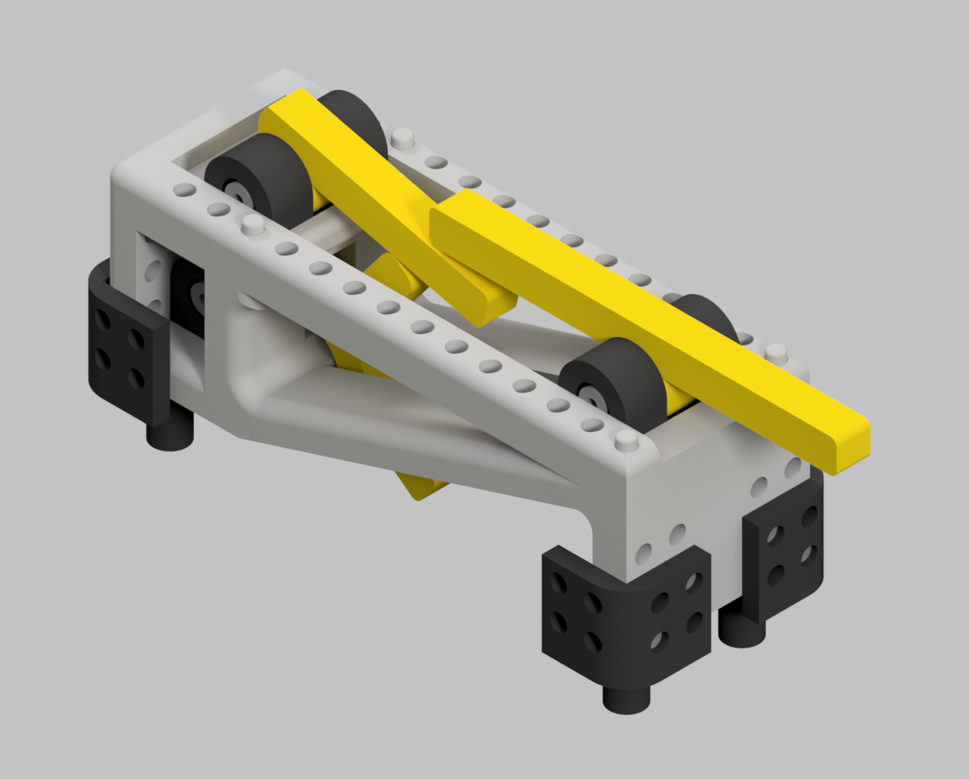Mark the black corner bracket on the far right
coord(784,547)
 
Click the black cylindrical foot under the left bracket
coord(170,434)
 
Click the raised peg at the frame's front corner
coord(625,440)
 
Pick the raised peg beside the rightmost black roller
coord(774,352)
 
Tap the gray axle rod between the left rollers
coord(324,232)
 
